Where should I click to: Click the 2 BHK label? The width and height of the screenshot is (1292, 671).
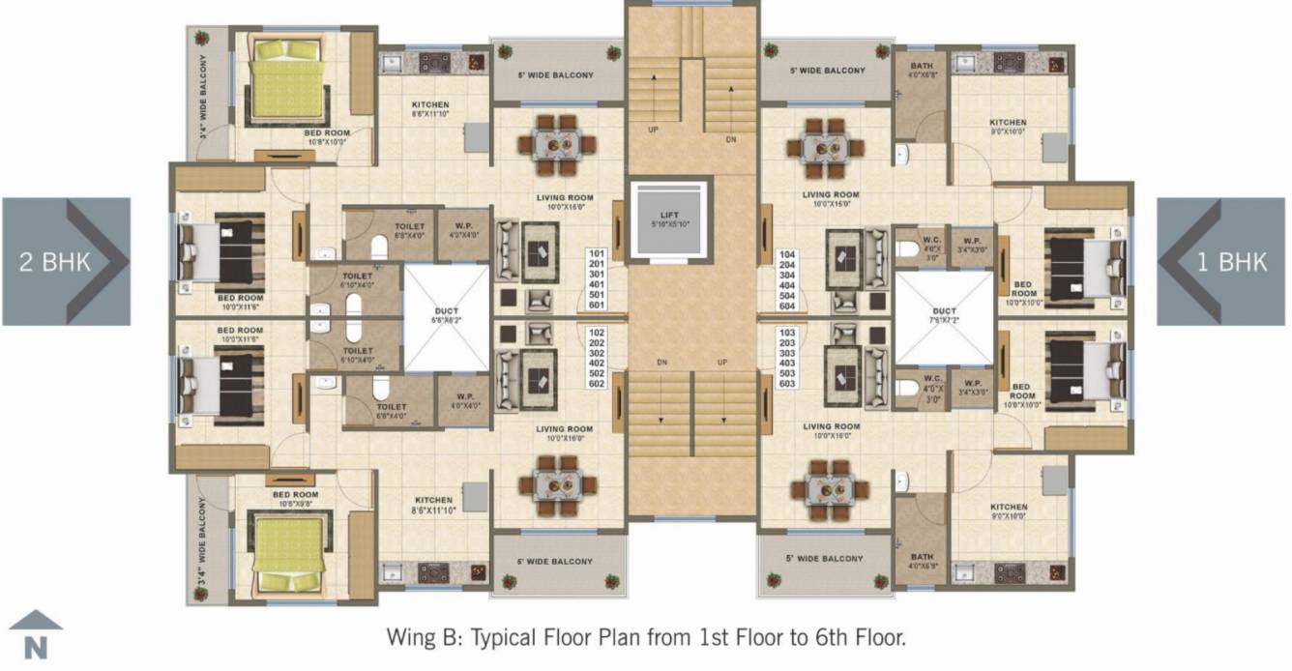click(x=52, y=261)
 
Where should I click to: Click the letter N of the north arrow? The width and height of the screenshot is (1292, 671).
click(x=35, y=648)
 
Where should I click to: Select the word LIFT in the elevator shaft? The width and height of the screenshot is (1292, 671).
click(x=670, y=214)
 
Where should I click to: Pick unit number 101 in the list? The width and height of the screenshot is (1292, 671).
click(x=596, y=254)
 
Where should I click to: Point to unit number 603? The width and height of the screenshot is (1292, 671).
click(x=788, y=384)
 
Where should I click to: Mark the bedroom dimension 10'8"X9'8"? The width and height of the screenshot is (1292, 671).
click(x=295, y=503)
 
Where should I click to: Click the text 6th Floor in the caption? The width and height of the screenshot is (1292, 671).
click(x=856, y=637)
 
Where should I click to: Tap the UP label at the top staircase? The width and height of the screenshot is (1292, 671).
click(x=653, y=130)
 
